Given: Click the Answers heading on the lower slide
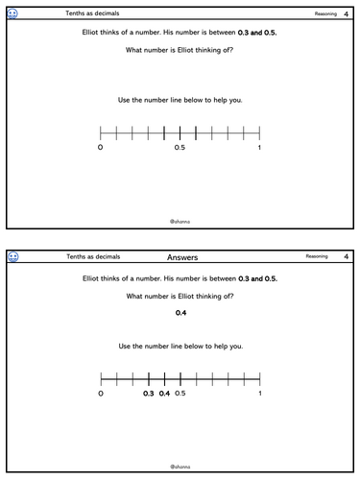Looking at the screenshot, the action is (182, 257).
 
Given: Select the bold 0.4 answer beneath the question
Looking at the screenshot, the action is (180, 313).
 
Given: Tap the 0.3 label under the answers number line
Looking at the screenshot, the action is (149, 394).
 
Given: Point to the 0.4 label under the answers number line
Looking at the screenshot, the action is (164, 394).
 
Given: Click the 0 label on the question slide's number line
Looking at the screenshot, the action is (101, 148).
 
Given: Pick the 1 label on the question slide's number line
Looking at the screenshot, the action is (259, 148).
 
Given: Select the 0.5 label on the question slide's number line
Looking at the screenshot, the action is (180, 148).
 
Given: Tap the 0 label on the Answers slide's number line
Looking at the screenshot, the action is (101, 394).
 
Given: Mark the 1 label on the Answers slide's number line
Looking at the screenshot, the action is (259, 394).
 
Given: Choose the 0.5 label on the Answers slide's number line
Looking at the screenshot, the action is (180, 394).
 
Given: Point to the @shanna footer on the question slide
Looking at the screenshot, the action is (180, 220).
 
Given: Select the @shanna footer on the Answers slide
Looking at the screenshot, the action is (180, 466).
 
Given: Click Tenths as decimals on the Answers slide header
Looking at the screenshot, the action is (86, 257).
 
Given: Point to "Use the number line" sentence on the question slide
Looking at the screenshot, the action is (180, 99).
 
